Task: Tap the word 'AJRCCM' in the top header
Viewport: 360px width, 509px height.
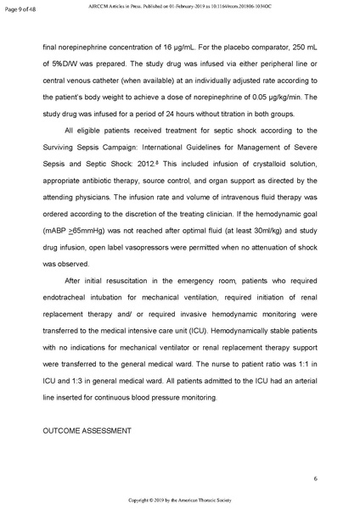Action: (111, 7)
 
